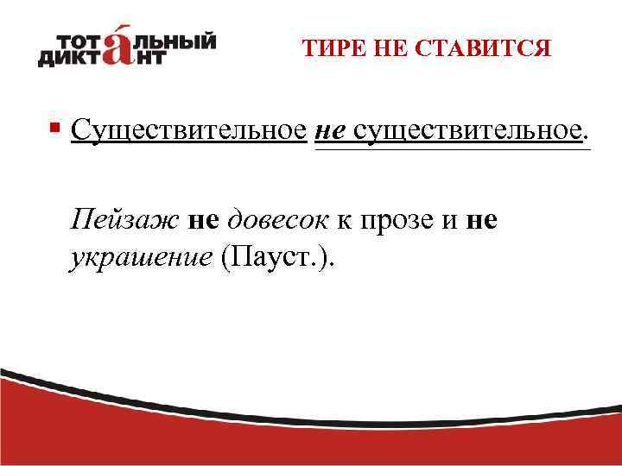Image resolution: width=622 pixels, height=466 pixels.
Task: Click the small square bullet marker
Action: (54, 129)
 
